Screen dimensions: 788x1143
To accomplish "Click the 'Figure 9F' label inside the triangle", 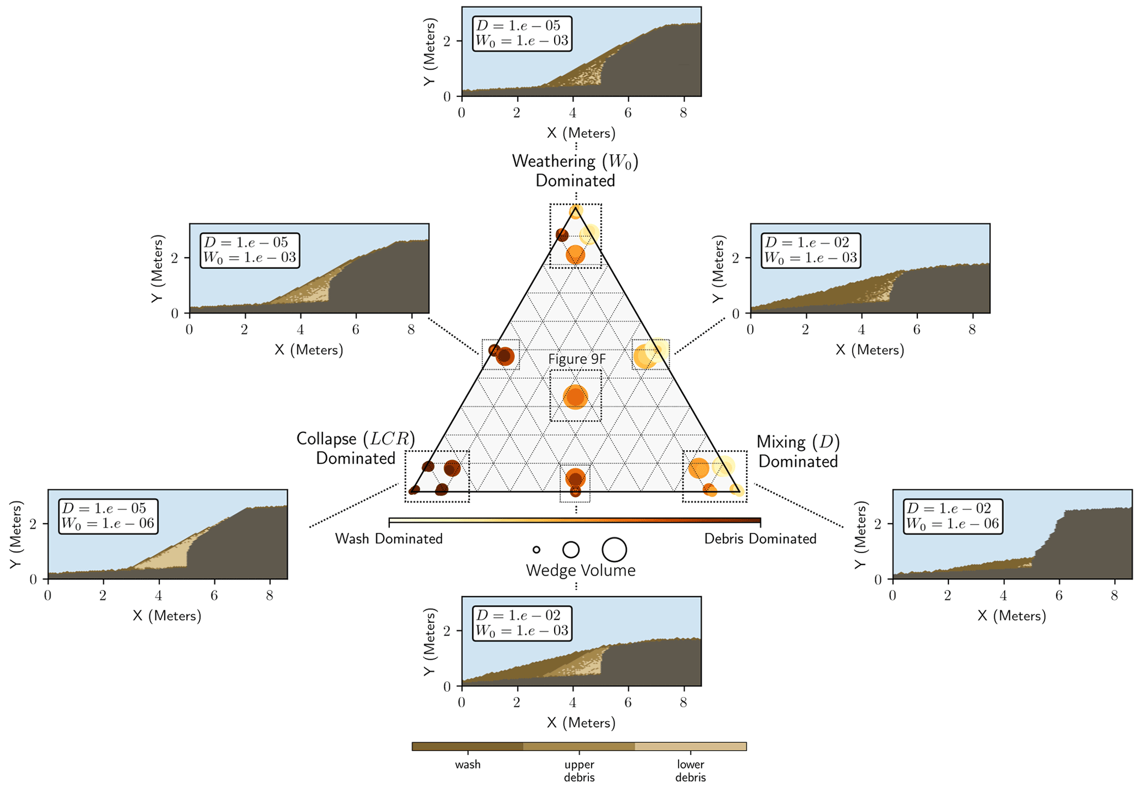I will (x=577, y=359).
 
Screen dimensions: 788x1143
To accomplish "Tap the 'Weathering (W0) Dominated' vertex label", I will (x=575, y=171).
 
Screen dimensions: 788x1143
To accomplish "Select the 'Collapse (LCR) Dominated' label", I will (x=356, y=448).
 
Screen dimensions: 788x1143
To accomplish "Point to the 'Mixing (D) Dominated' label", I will (x=798, y=451).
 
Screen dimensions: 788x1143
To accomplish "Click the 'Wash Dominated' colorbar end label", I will (x=389, y=539).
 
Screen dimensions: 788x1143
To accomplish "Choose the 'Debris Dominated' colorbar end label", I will (x=760, y=539).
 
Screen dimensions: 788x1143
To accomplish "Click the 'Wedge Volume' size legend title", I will (x=580, y=570).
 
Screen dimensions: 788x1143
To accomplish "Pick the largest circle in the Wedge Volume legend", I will (x=614, y=550).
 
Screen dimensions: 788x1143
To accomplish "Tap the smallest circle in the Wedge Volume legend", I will (x=536, y=550).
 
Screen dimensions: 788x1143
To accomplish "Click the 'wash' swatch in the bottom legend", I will (x=467, y=747).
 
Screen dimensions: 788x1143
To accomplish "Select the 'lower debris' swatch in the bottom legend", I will (x=691, y=747).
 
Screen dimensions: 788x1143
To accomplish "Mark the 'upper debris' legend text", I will (x=579, y=771).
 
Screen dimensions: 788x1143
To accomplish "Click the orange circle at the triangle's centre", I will (x=575, y=396).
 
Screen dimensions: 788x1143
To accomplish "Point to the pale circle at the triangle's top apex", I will (x=576, y=212).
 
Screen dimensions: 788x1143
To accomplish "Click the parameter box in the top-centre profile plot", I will (x=522, y=34).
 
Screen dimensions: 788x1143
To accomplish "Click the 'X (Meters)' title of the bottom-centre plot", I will (x=581, y=722).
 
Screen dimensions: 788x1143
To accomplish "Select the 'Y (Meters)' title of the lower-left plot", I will (x=17, y=534).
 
